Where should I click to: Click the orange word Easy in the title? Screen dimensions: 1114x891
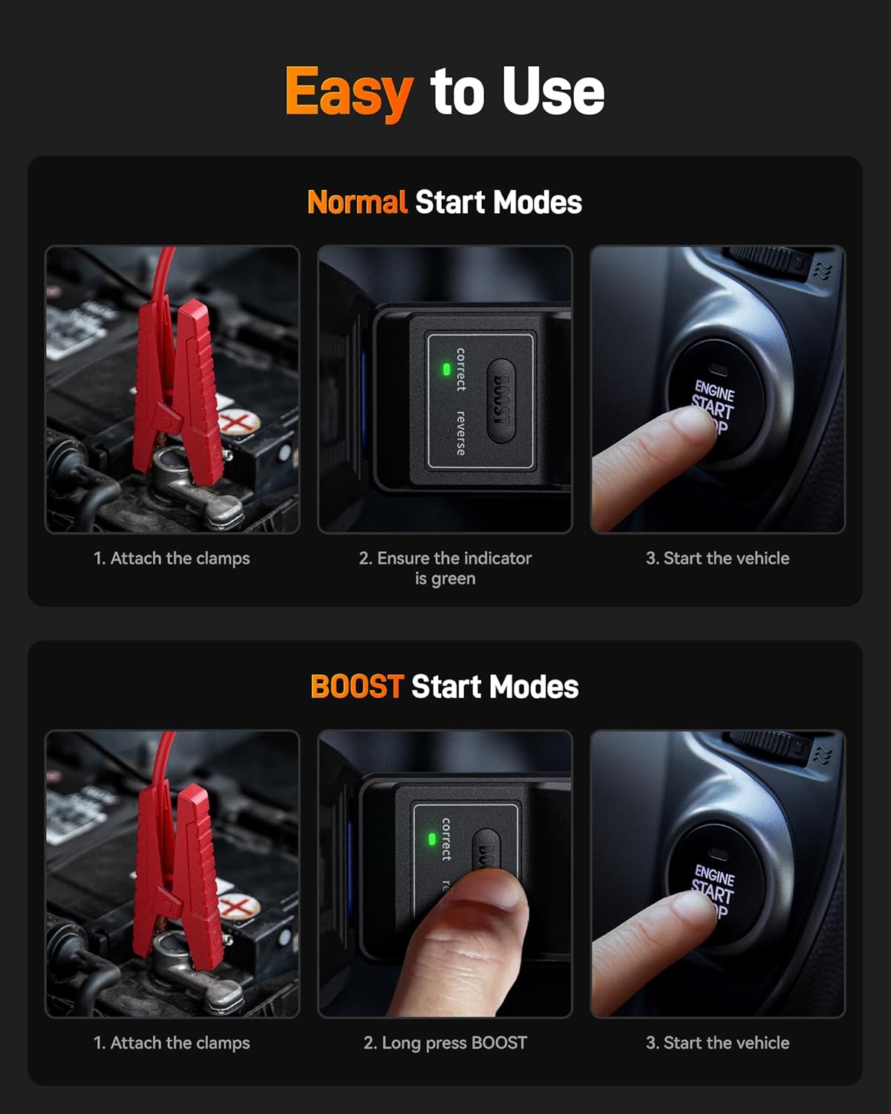click(x=348, y=91)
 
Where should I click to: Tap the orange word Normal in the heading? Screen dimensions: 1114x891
click(x=357, y=202)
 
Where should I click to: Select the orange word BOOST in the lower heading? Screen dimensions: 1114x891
click(x=356, y=686)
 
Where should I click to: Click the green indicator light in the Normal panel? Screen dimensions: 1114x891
click(x=446, y=368)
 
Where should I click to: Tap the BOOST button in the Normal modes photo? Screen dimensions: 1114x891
click(x=502, y=400)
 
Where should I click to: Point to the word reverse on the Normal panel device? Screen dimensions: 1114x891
click(x=460, y=432)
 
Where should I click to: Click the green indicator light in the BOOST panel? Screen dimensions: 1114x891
click(x=431, y=839)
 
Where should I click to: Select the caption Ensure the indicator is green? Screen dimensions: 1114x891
click(x=445, y=568)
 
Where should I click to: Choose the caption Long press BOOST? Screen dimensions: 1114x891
click(x=445, y=1043)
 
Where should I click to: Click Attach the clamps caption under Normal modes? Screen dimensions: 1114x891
click(x=172, y=558)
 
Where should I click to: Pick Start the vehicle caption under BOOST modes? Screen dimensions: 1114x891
click(x=717, y=1043)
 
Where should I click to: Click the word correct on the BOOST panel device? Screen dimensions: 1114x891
click(x=446, y=839)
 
